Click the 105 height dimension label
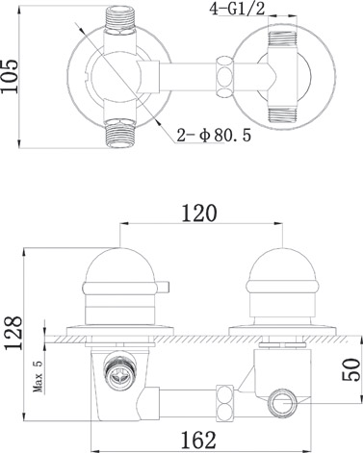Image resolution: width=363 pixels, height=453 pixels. pos(10,76)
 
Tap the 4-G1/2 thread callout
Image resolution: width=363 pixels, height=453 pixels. pos(237,9)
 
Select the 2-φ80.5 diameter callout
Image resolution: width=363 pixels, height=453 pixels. pos(214,136)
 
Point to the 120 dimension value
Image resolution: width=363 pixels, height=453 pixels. pos(199,214)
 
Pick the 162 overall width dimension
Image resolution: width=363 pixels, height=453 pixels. pos(198,440)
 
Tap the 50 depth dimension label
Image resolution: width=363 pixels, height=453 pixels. pos(350,369)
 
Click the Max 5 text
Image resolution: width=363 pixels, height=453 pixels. pos(39,375)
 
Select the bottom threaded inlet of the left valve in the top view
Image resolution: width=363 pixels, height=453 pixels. pos(119,133)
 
